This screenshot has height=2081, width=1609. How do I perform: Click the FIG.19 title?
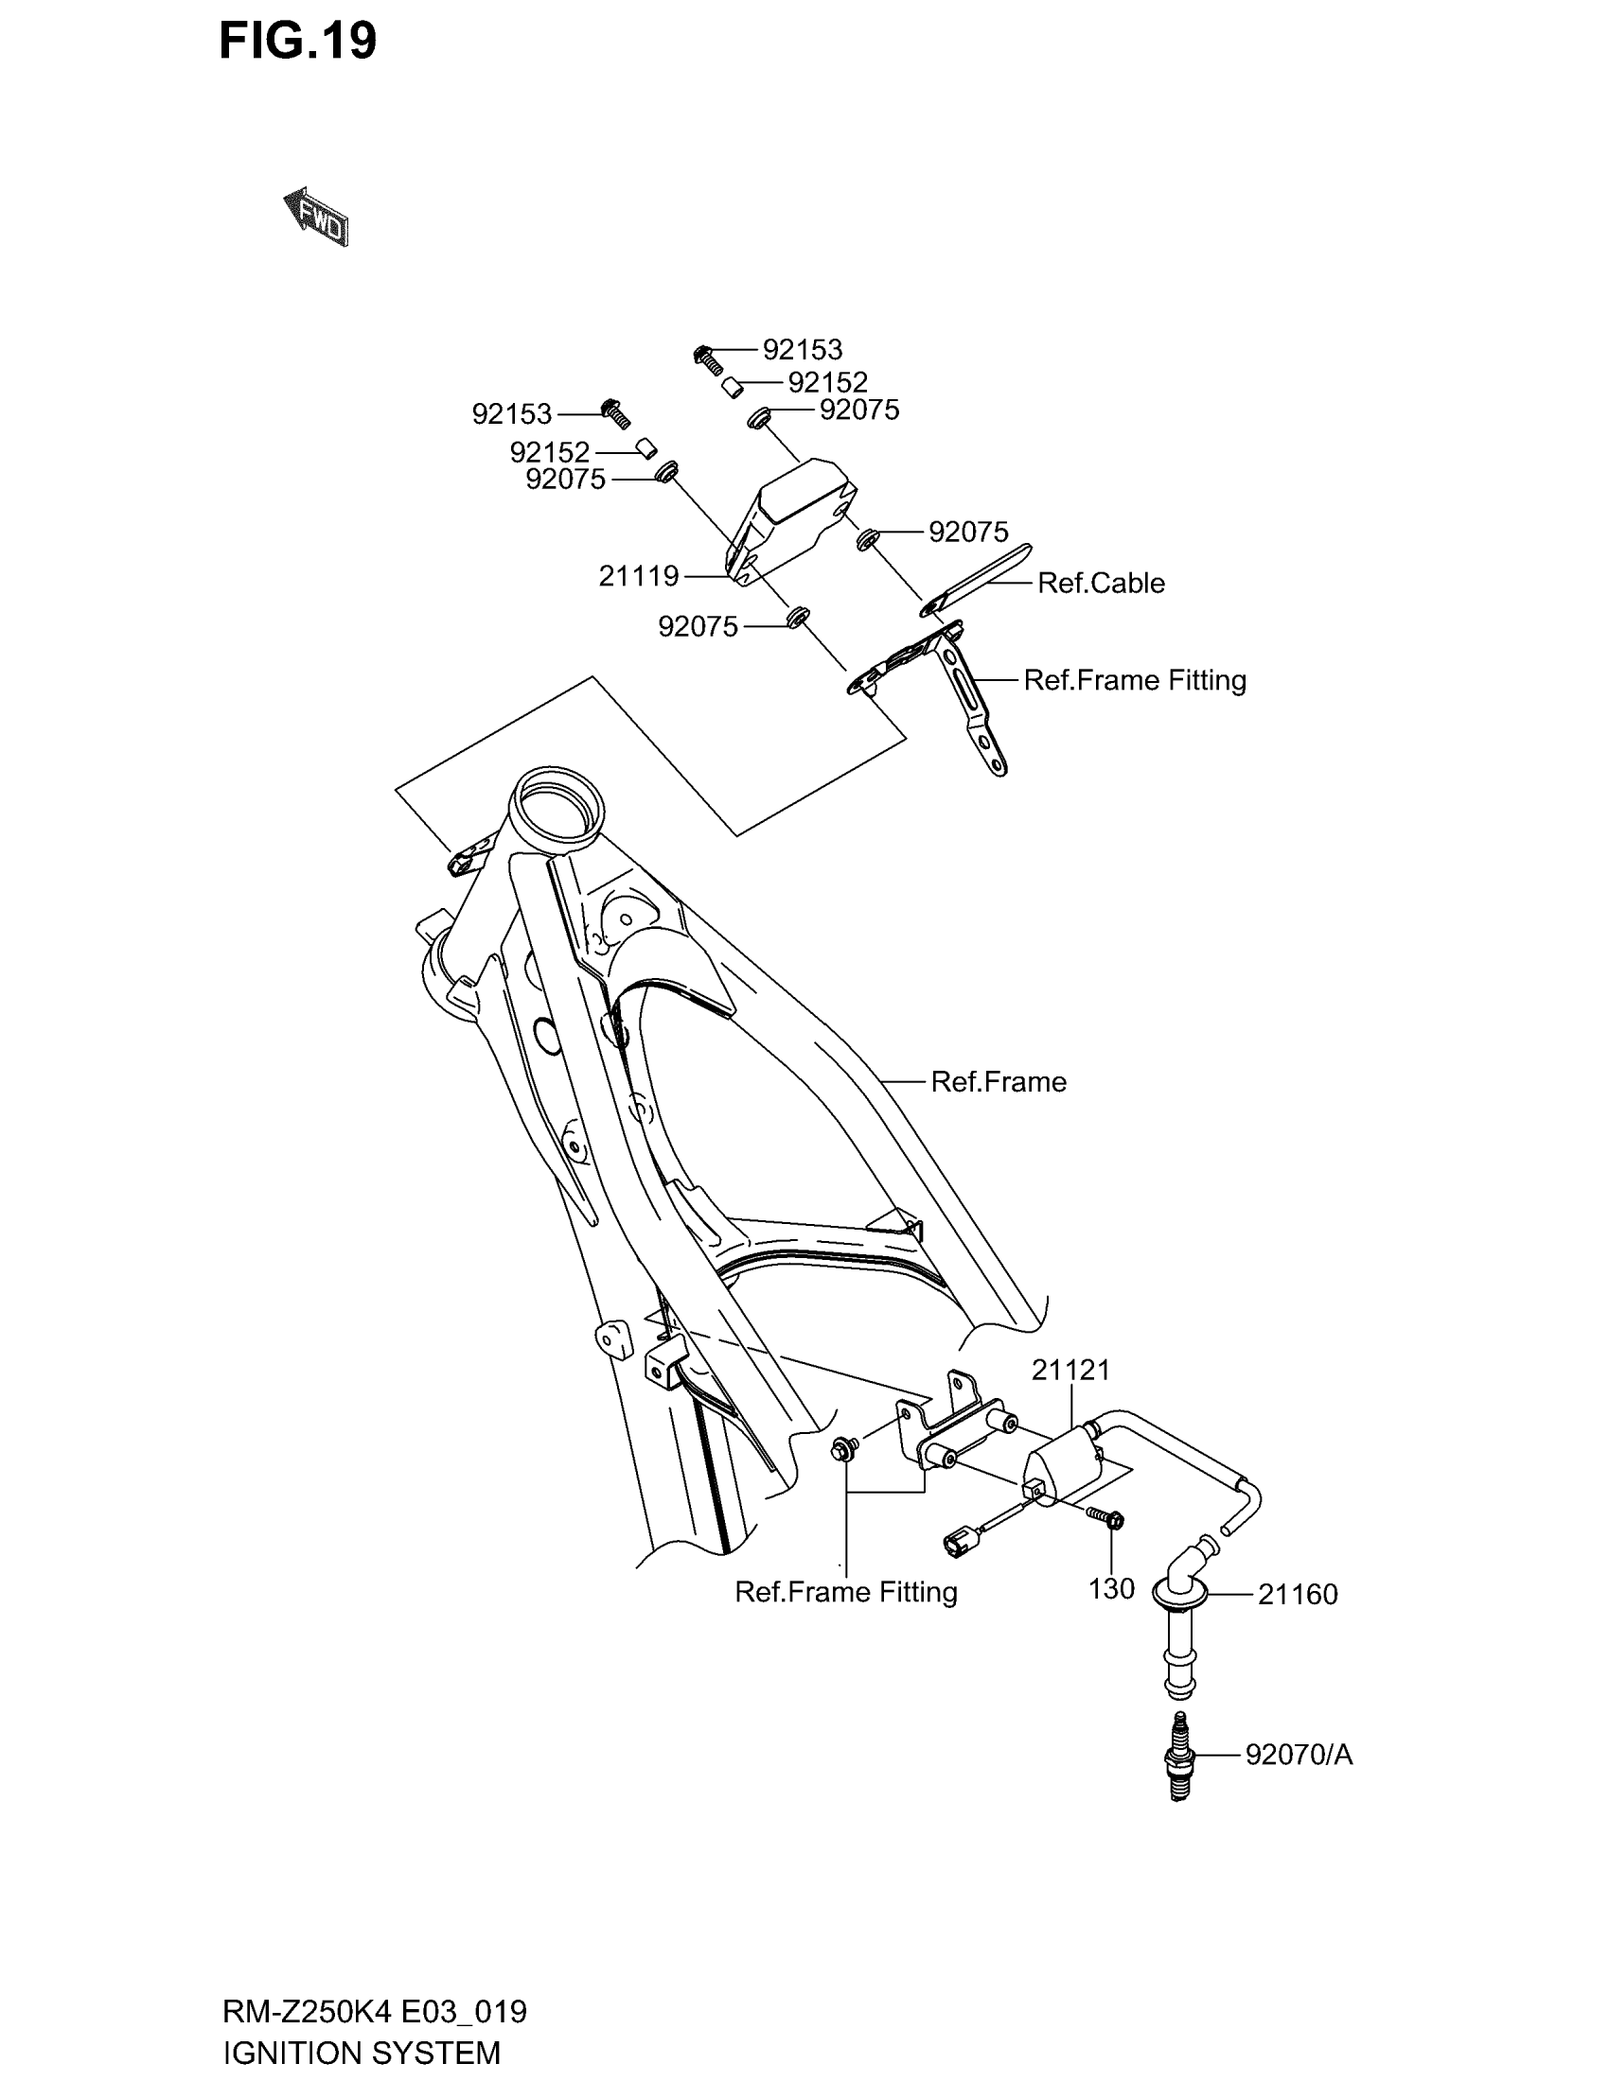point(297,42)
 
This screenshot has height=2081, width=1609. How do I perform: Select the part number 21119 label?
point(638,576)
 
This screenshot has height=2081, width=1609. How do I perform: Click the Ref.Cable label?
point(1100,583)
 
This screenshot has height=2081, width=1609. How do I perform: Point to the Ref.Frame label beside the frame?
point(998,1082)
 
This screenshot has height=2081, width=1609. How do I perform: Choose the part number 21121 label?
point(1070,1371)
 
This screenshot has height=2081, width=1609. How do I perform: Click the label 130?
point(1111,1588)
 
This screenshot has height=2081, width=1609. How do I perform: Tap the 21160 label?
point(1298,1594)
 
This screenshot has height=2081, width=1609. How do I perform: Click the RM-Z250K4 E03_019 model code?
point(374,2011)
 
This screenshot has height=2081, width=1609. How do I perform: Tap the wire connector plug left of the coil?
point(958,1540)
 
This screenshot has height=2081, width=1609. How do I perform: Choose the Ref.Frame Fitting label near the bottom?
point(845,1592)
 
